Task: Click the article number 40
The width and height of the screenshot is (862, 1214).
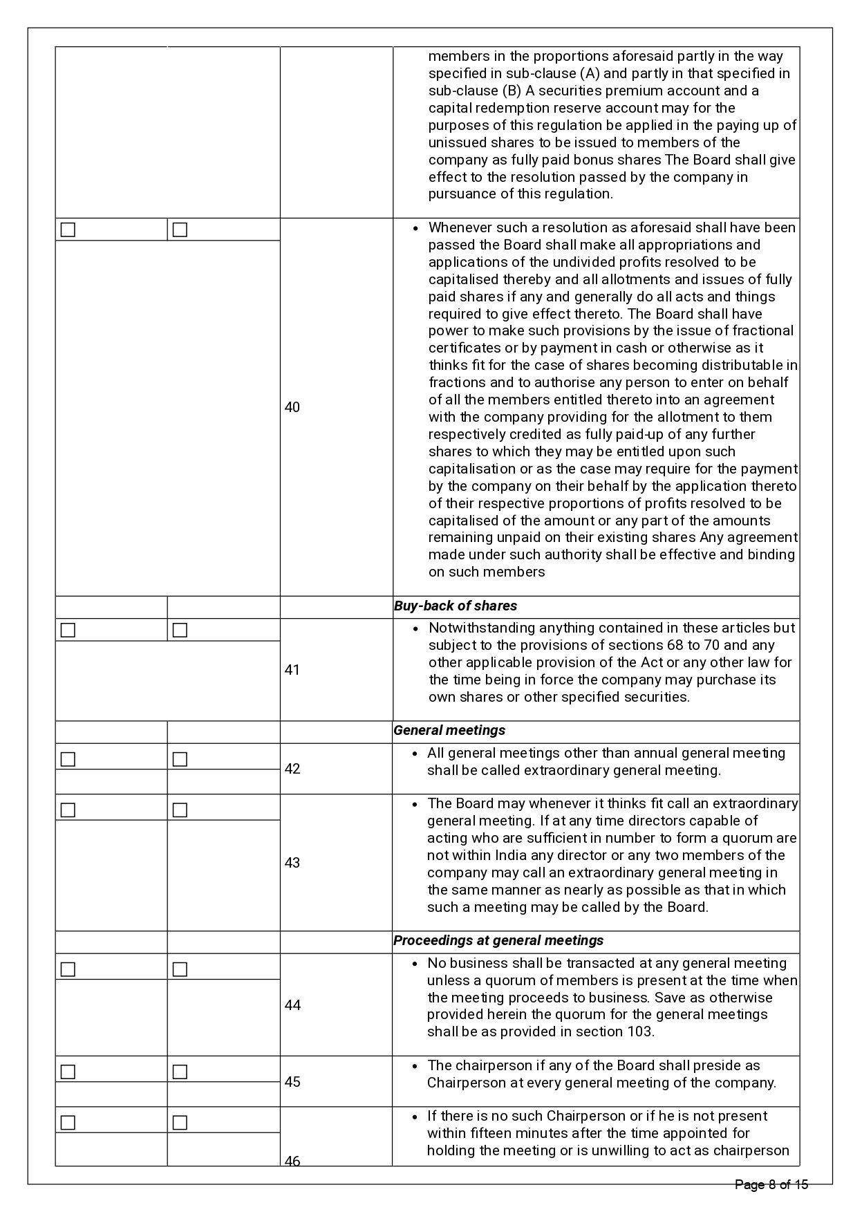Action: click(x=292, y=407)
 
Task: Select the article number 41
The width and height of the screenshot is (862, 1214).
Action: click(x=292, y=670)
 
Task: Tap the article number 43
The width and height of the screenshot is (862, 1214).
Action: click(x=292, y=863)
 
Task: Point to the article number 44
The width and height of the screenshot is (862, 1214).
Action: click(x=292, y=1005)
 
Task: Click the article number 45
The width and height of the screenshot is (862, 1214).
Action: click(x=292, y=1082)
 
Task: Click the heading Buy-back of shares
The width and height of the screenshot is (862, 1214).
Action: click(x=456, y=606)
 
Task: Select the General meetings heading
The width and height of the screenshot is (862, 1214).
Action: click(x=449, y=731)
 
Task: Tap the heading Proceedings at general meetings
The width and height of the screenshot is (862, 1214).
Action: click(x=498, y=941)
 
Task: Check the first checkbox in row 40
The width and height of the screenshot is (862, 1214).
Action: click(x=68, y=230)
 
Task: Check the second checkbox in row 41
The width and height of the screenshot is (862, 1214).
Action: click(x=180, y=630)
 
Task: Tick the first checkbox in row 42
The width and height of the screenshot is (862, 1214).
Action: click(x=68, y=759)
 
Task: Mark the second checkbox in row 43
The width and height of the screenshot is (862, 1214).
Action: click(x=180, y=810)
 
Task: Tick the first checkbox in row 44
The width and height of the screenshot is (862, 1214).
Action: click(x=68, y=969)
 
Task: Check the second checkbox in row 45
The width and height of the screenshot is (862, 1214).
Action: click(x=180, y=1072)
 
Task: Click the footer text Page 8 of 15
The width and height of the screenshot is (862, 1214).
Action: click(x=771, y=1185)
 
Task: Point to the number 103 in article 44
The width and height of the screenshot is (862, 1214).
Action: click(x=639, y=1032)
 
